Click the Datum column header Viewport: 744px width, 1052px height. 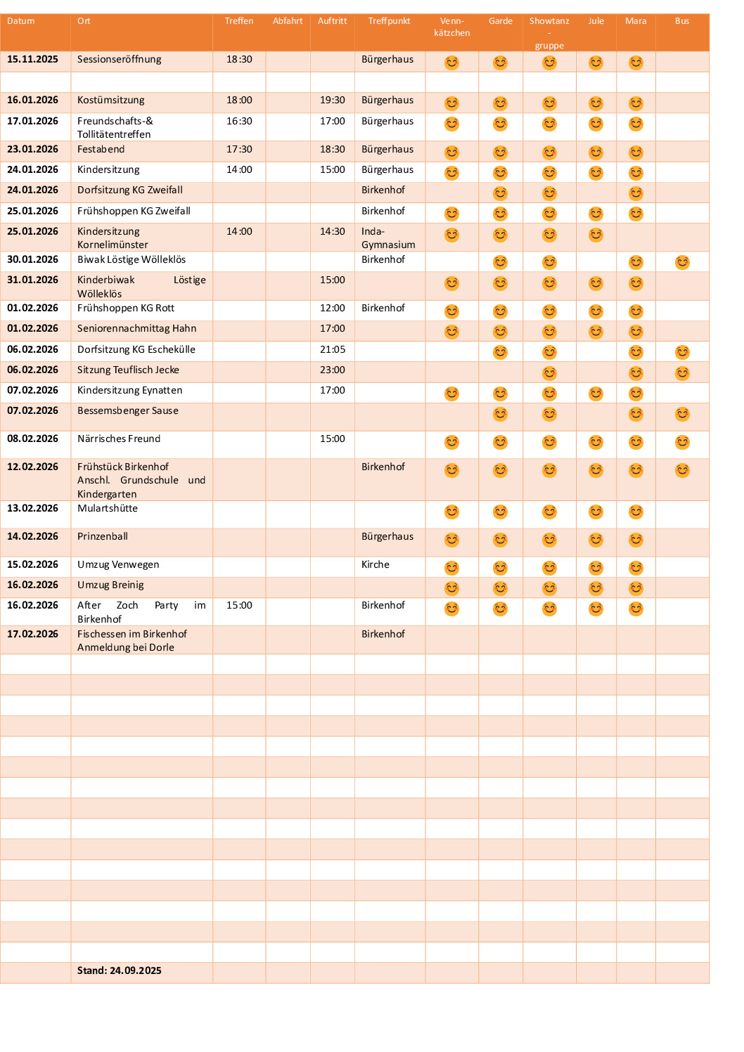pyautogui.click(x=21, y=21)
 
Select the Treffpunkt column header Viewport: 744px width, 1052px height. pyautogui.click(x=389, y=21)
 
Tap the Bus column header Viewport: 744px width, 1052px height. pyautogui.click(x=682, y=21)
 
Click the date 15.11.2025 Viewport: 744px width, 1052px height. pyautogui.click(x=32, y=60)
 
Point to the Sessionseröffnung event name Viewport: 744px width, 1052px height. pyautogui.click(x=120, y=60)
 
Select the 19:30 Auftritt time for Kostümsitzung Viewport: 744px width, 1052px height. pyautogui.click(x=333, y=100)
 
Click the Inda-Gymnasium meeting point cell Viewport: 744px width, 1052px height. pyautogui.click(x=388, y=238)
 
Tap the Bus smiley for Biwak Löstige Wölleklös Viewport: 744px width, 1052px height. pyautogui.click(x=682, y=262)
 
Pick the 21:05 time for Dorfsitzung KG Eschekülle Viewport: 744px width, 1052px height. pyautogui.click(x=333, y=349)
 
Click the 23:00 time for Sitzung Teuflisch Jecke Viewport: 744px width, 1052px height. pyautogui.click(x=333, y=370)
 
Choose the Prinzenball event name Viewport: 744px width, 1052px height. pyautogui.click(x=103, y=537)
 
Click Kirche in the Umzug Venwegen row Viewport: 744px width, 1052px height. pyautogui.click(x=376, y=565)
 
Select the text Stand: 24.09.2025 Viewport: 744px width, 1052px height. pyautogui.click(x=120, y=970)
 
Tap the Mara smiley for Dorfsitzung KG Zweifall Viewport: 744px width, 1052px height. pyautogui.click(x=636, y=193)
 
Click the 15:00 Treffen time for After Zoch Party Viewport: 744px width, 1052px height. pyautogui.click(x=239, y=606)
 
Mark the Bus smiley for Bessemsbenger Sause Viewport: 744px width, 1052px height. pyautogui.click(x=682, y=414)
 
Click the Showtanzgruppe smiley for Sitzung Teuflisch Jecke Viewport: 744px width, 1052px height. pyautogui.click(x=549, y=373)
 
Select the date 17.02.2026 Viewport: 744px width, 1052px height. pyautogui.click(x=32, y=635)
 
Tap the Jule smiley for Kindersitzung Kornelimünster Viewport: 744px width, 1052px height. pyautogui.click(x=596, y=235)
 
